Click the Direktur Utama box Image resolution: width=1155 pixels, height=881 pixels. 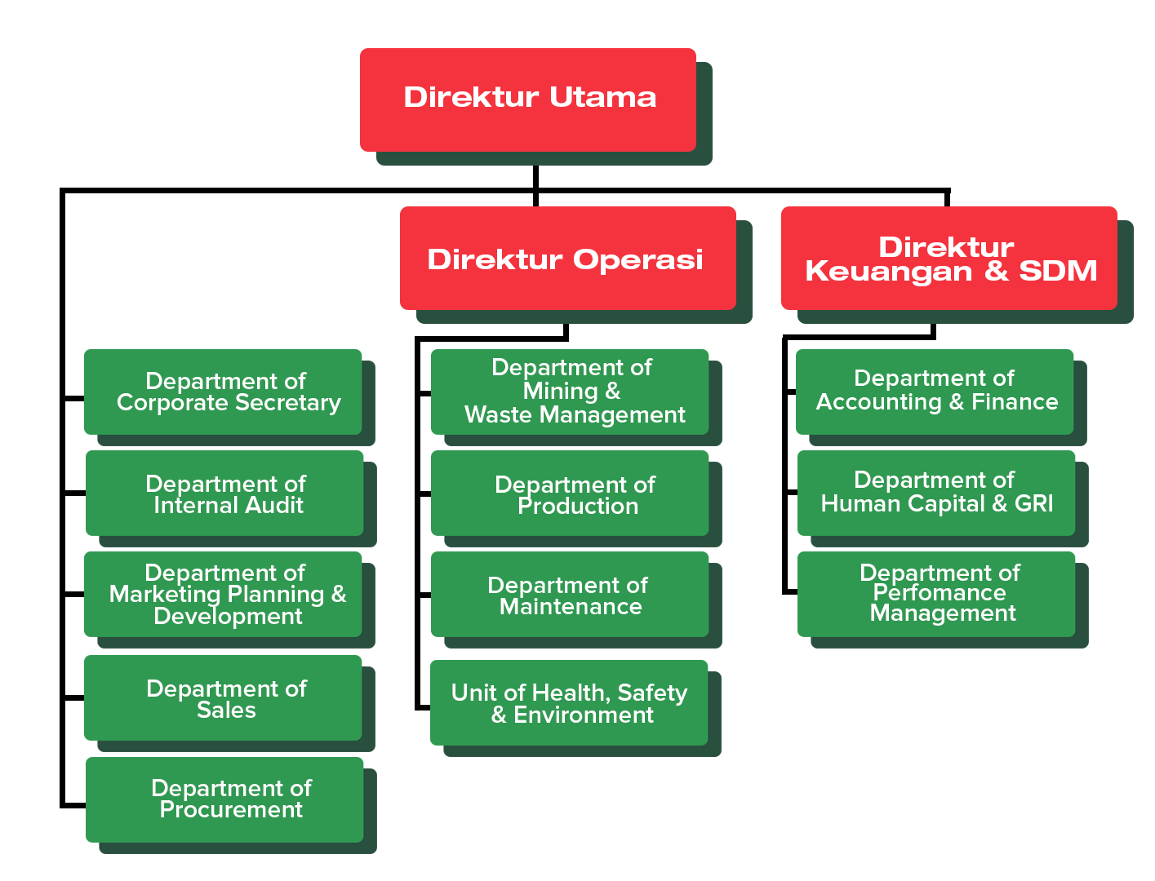pos(528,100)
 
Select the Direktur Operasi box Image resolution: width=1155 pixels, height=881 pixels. pos(567,258)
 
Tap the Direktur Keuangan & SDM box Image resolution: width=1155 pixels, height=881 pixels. pos(948,258)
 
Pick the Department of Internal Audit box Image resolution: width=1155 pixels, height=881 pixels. pos(224,494)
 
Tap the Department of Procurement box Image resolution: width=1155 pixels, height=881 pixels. pos(224,799)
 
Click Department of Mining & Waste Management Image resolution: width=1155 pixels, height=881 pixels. pos(570,392)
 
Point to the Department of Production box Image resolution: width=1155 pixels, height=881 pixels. pos(570,494)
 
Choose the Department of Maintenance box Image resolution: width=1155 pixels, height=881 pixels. pos(570,595)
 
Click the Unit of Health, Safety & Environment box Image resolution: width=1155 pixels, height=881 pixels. pos(569,703)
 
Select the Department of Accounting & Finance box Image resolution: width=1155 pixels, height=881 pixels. pos(935,392)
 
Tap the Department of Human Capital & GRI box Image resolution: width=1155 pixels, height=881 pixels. pos(936,493)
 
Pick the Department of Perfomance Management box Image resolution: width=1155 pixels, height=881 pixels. pos(936,594)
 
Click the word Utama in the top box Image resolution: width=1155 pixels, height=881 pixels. pos(603,97)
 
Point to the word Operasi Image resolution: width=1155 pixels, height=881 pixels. pos(637,259)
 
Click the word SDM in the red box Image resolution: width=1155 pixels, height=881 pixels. pos(1058,271)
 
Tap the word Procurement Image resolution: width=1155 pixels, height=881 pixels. pos(231,810)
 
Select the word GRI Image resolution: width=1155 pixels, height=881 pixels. pos(1034,504)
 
